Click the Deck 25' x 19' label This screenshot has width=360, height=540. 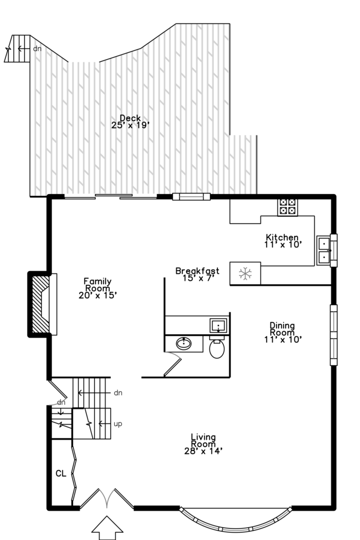(x=130, y=122)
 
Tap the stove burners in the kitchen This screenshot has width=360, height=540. (x=287, y=207)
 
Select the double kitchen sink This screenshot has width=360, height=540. (x=323, y=250)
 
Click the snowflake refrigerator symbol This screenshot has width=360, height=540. (x=245, y=274)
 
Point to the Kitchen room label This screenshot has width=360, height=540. (x=283, y=240)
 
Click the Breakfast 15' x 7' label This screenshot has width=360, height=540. (x=197, y=274)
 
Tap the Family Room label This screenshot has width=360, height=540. (x=98, y=288)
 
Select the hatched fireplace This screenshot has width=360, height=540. (x=41, y=304)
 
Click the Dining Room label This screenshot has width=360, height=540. (x=283, y=332)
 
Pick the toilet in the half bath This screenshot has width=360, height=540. (x=216, y=347)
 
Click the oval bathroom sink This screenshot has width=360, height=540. (x=183, y=343)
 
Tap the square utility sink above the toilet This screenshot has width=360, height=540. (x=218, y=325)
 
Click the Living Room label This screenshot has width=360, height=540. (x=203, y=444)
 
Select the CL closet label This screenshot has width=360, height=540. (x=61, y=473)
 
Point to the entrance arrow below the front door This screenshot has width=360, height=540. (x=107, y=527)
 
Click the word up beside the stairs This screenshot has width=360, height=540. (x=118, y=424)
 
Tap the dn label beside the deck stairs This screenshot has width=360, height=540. (x=37, y=48)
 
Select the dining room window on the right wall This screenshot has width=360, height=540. (x=333, y=334)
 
